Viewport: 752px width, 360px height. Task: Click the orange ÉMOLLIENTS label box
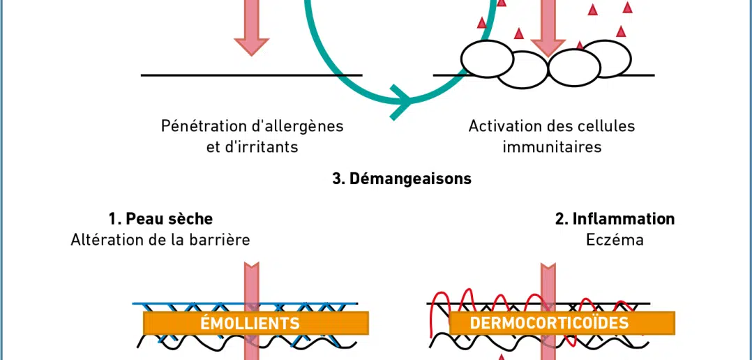point(255,323)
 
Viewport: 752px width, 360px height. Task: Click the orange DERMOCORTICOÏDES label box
point(562,323)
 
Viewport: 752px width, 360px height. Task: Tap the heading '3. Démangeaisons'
point(401,179)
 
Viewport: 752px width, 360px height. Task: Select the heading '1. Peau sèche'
point(160,218)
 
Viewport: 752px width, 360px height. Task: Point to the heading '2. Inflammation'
point(615,218)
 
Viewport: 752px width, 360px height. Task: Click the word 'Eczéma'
point(615,240)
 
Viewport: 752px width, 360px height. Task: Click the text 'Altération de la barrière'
point(160,240)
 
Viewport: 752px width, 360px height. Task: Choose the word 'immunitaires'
point(552,147)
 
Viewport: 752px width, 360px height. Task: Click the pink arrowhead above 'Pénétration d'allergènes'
point(251,44)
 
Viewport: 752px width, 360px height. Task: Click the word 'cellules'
point(608,126)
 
